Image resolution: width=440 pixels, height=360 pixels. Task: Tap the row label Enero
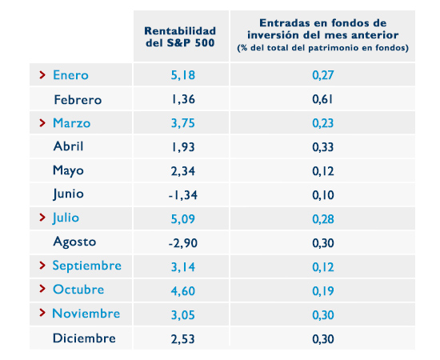click(x=70, y=75)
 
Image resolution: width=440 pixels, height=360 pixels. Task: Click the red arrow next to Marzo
click(x=42, y=123)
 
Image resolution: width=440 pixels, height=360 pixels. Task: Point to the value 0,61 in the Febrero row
click(x=322, y=99)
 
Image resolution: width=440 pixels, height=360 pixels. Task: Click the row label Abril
click(x=68, y=146)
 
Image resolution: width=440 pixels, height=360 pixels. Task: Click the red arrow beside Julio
click(x=42, y=218)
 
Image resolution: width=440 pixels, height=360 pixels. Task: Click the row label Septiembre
click(x=86, y=266)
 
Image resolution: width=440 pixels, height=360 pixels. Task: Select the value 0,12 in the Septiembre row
click(x=322, y=266)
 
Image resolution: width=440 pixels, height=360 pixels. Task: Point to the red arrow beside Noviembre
click(x=42, y=314)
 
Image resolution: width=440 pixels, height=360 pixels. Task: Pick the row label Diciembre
click(x=84, y=338)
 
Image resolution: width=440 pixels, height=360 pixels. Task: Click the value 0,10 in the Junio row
click(x=322, y=194)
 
